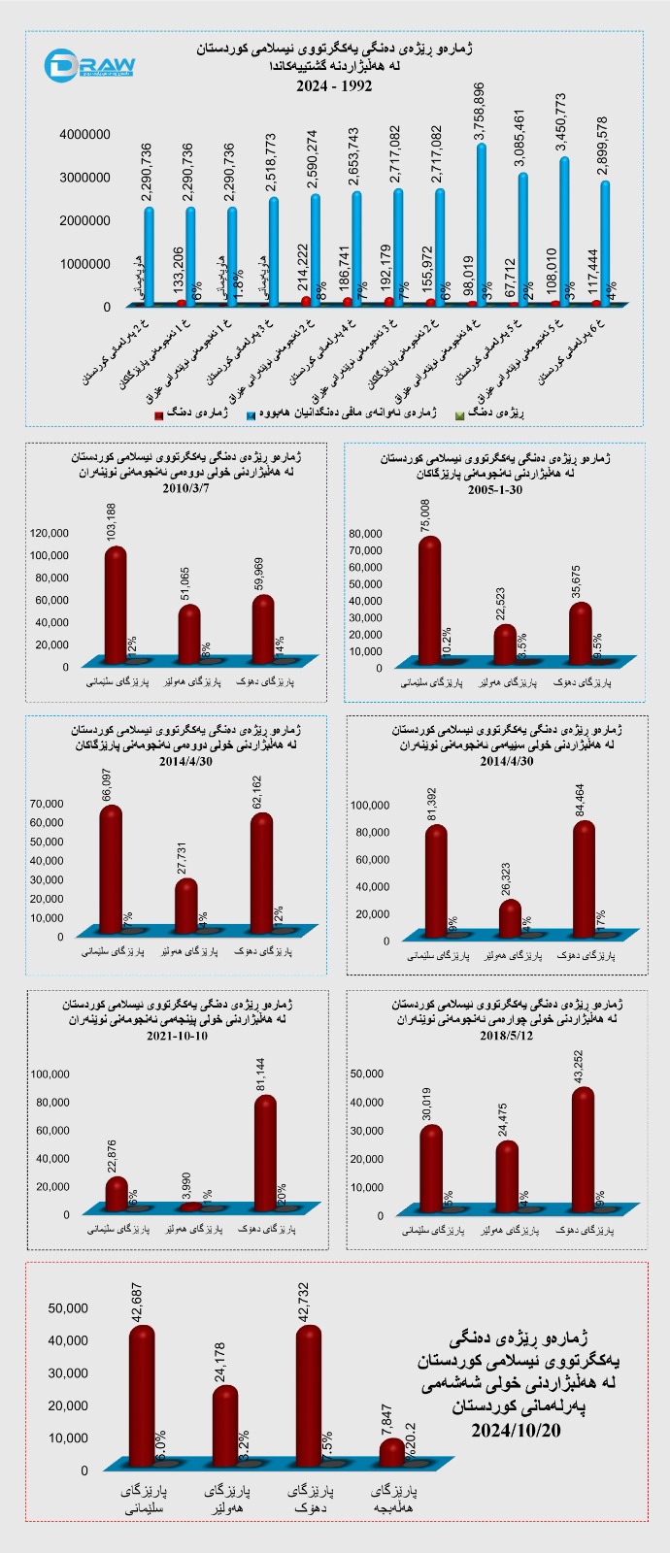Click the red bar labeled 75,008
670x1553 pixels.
[429, 602]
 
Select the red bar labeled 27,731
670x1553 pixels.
[186, 906]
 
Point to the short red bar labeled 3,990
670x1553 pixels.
[191, 1206]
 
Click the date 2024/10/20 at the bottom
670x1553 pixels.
[516, 1432]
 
